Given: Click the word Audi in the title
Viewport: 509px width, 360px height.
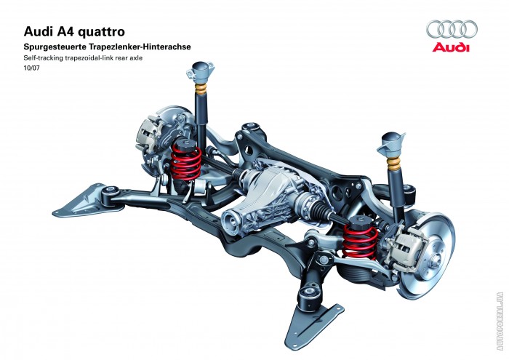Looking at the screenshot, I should tap(38, 31).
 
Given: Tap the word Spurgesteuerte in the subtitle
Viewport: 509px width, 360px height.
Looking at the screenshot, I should tap(55, 46).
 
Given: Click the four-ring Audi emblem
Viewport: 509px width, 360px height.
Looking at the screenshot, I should tap(452, 29).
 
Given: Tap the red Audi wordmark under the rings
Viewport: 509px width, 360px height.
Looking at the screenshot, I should tap(452, 47).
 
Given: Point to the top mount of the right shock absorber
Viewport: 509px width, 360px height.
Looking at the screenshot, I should tap(394, 141).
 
